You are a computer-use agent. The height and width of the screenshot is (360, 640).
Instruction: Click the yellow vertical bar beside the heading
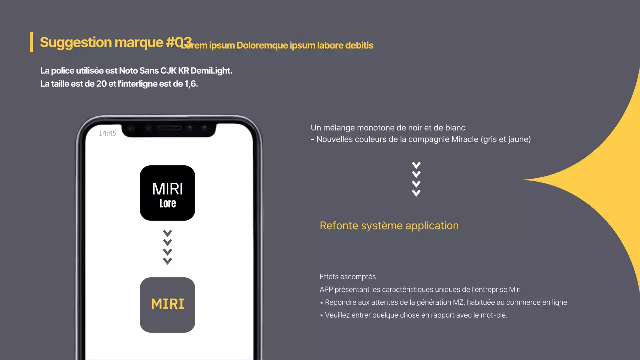point(31,42)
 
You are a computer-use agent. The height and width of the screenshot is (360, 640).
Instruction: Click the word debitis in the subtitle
point(359,45)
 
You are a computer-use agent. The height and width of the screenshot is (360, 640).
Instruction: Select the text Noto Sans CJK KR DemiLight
point(175,71)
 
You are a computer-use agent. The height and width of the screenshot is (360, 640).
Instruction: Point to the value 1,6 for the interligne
point(191,84)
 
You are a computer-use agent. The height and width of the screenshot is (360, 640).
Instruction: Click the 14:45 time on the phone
point(107,133)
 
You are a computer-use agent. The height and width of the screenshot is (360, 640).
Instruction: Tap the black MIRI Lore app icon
point(167,193)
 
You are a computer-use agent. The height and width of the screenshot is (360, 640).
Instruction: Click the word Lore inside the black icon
point(167,204)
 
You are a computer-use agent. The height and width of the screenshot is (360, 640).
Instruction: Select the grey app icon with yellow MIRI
point(167,305)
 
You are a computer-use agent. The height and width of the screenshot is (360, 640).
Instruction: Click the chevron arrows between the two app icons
point(167,247)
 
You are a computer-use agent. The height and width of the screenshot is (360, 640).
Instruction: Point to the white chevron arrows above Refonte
point(416,179)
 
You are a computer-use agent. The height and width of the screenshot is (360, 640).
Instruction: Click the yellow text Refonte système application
point(389,226)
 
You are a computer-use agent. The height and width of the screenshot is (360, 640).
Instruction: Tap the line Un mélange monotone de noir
point(388,128)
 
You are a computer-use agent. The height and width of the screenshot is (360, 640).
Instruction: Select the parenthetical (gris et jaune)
point(505,140)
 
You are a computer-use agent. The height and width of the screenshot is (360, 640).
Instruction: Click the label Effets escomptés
point(348,277)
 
